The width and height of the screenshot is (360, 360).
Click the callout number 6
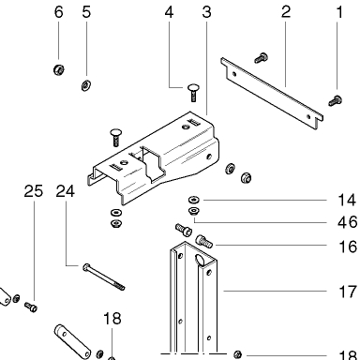pos(59,12)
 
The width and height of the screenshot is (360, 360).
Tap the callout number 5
pos(86,12)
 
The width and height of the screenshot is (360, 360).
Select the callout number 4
pos(169,12)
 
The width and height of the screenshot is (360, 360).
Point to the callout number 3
pos(206,12)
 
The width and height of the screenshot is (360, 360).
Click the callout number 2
pos(286,12)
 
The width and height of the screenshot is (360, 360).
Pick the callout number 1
pos(339,12)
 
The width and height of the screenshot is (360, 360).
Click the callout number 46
pos(347,222)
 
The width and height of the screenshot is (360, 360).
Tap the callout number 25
pos(34,191)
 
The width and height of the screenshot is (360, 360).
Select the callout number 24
pos(66,191)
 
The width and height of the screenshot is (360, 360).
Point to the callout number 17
pos(348,292)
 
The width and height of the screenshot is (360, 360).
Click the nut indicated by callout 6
pos(59,69)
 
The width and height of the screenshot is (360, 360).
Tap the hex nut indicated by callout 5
pos(86,85)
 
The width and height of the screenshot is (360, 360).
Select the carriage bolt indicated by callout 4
pos(194,93)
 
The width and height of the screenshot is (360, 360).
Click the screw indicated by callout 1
pos(336,101)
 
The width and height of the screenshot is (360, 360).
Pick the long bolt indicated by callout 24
pos(104,277)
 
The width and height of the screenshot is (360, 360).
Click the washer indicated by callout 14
pos(194,200)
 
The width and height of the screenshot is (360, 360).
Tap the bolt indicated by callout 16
pos(204,241)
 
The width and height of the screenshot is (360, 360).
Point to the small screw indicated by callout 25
pos(31,307)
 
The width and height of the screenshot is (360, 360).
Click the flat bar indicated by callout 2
pos(272,93)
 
